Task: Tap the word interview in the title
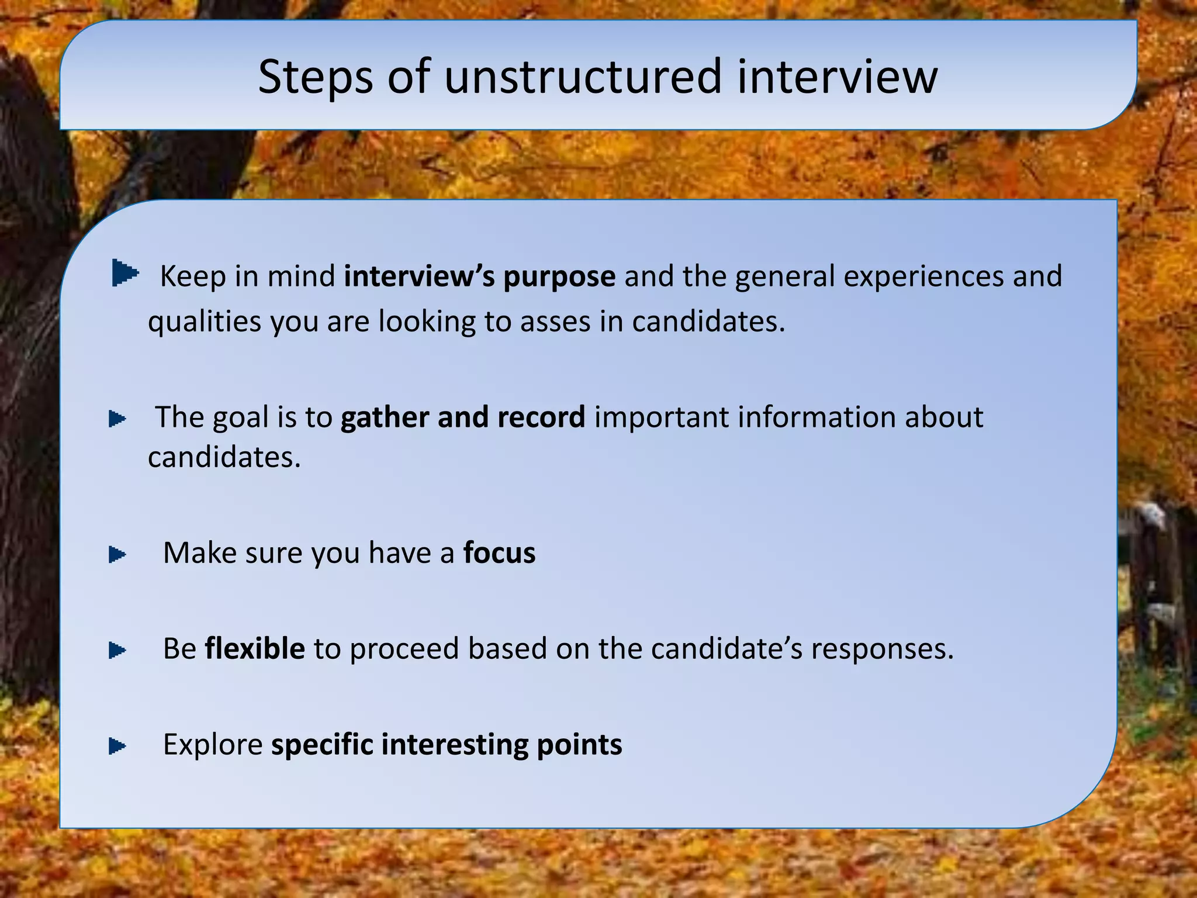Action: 837,77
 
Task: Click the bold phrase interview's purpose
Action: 479,277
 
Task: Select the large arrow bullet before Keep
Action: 124,273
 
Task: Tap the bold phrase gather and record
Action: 462,417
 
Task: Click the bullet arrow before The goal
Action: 117,419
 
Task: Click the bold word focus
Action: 499,553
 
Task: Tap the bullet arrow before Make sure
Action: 117,555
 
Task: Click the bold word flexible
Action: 255,649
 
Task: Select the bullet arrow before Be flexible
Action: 117,650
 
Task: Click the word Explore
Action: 213,745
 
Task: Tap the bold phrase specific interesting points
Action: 447,745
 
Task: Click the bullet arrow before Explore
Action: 117,746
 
